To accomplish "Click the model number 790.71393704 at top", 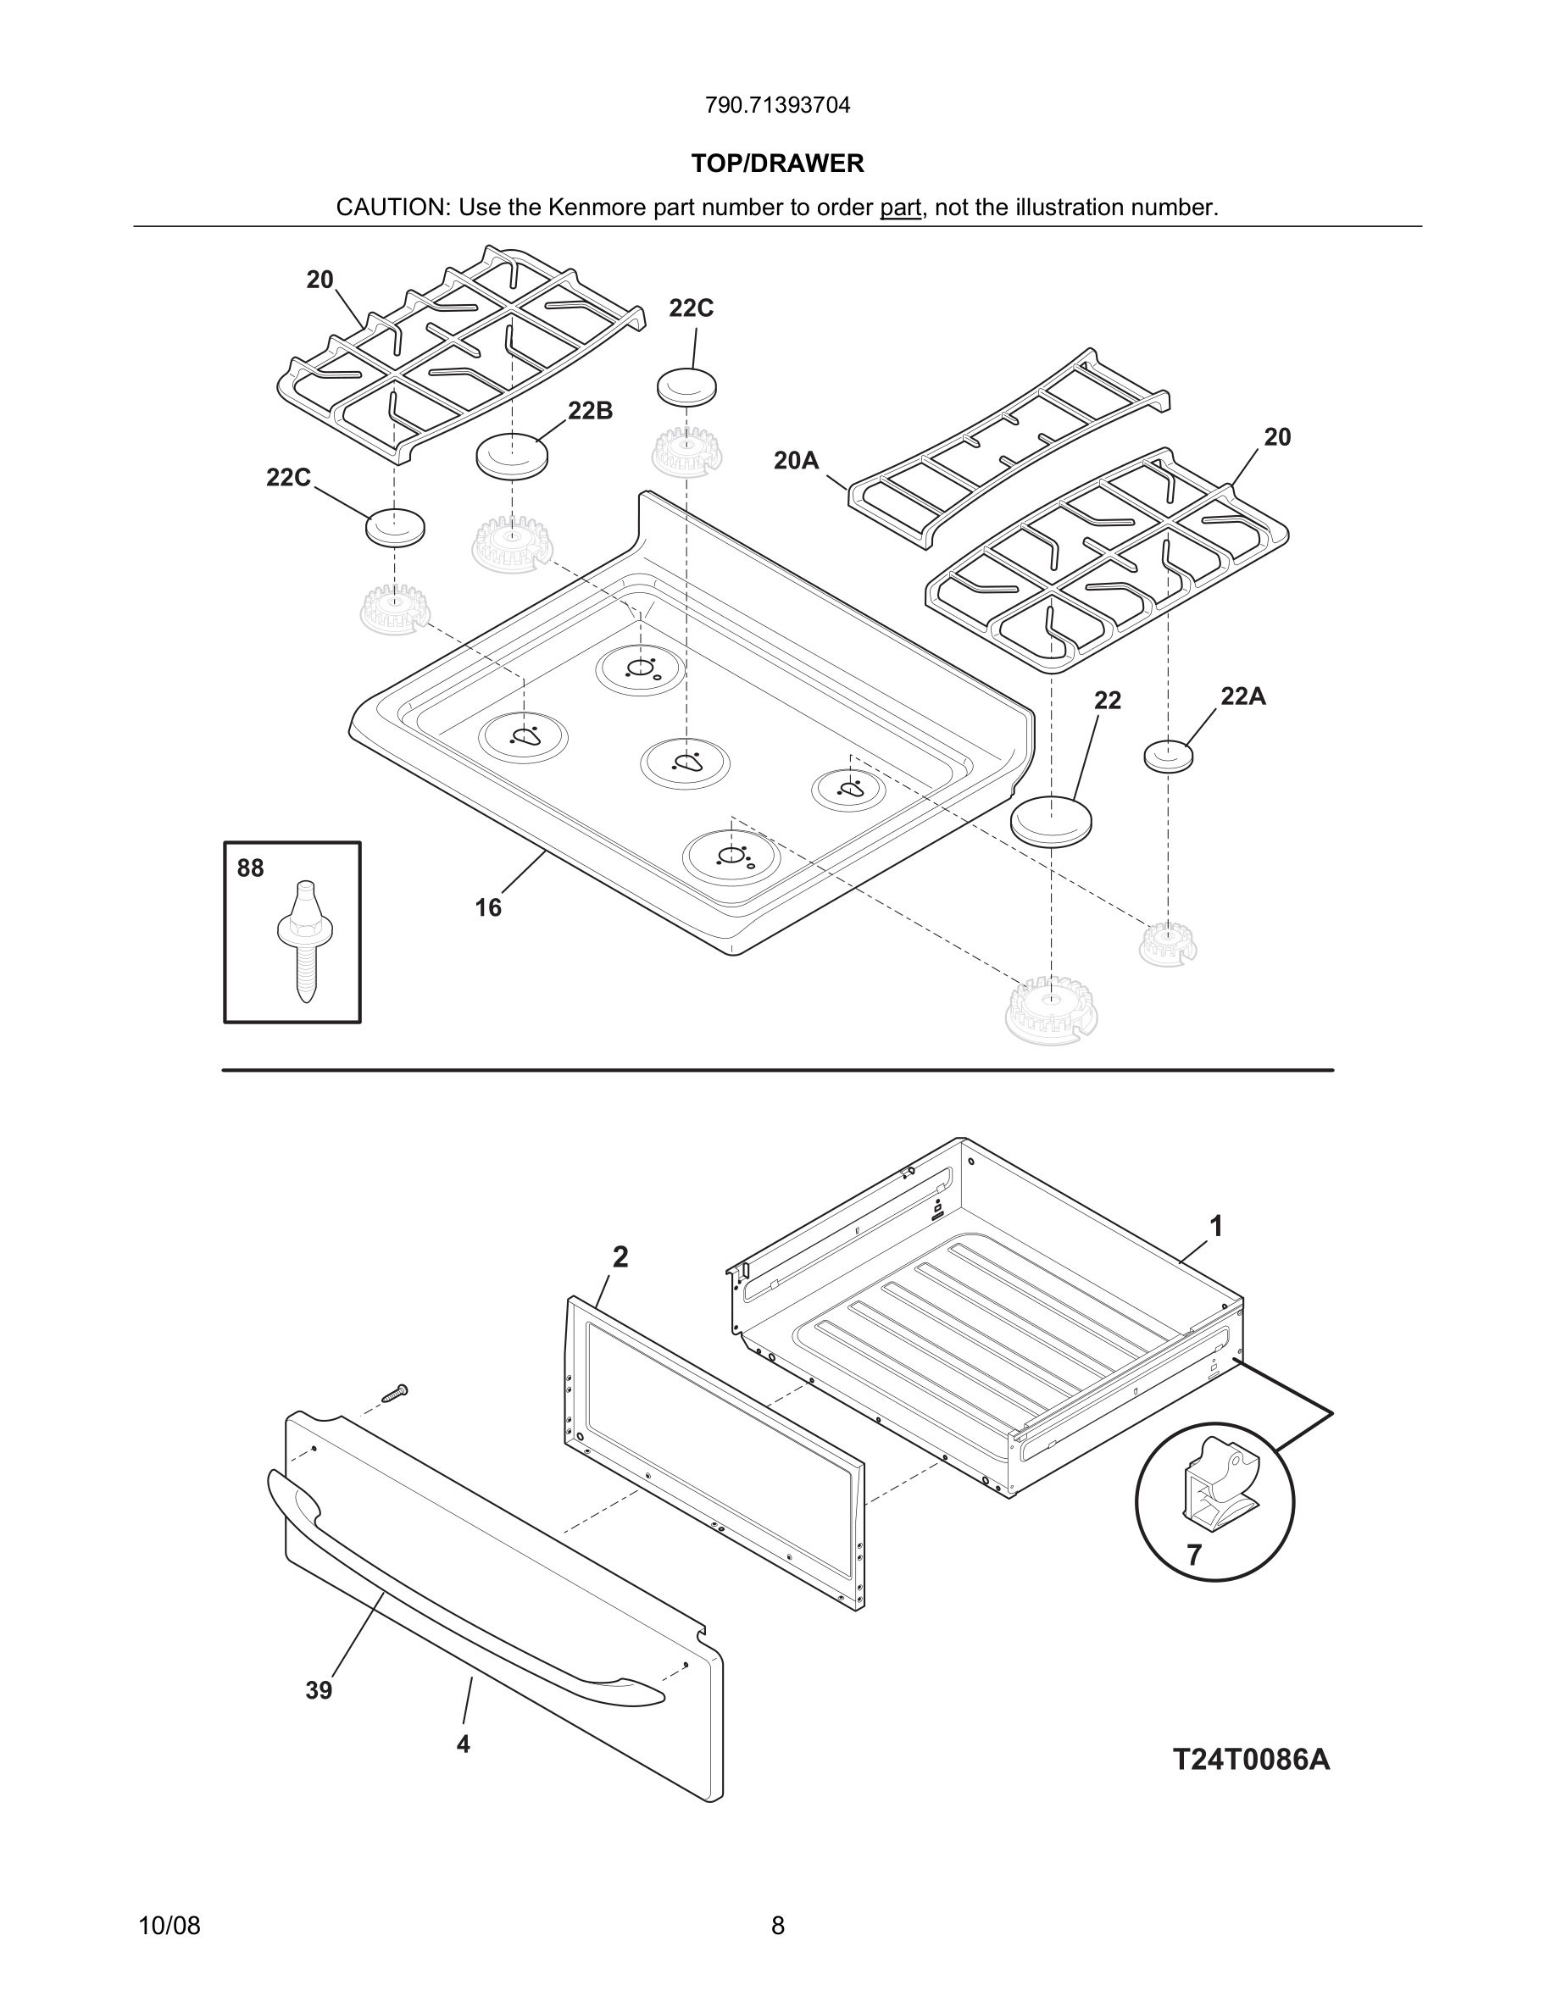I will click(x=777, y=106).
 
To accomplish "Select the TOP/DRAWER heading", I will click(x=777, y=164).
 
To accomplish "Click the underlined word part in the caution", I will click(x=900, y=208).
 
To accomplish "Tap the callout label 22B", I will click(x=590, y=411).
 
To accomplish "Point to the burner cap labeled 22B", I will click(x=512, y=455).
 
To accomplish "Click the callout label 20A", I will click(x=796, y=460).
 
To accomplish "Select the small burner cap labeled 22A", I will click(x=1168, y=756).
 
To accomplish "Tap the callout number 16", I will click(x=487, y=908).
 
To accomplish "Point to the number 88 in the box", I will click(x=250, y=868).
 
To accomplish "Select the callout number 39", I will click(x=318, y=1690).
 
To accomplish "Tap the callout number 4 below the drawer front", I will click(x=463, y=1744).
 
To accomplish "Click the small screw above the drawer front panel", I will click(x=395, y=1393).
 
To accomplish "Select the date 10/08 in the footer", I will click(x=169, y=1926).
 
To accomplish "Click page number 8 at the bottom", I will click(x=777, y=1926).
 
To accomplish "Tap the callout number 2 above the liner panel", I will click(x=620, y=1257).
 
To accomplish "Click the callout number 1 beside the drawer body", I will click(x=1216, y=1227).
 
